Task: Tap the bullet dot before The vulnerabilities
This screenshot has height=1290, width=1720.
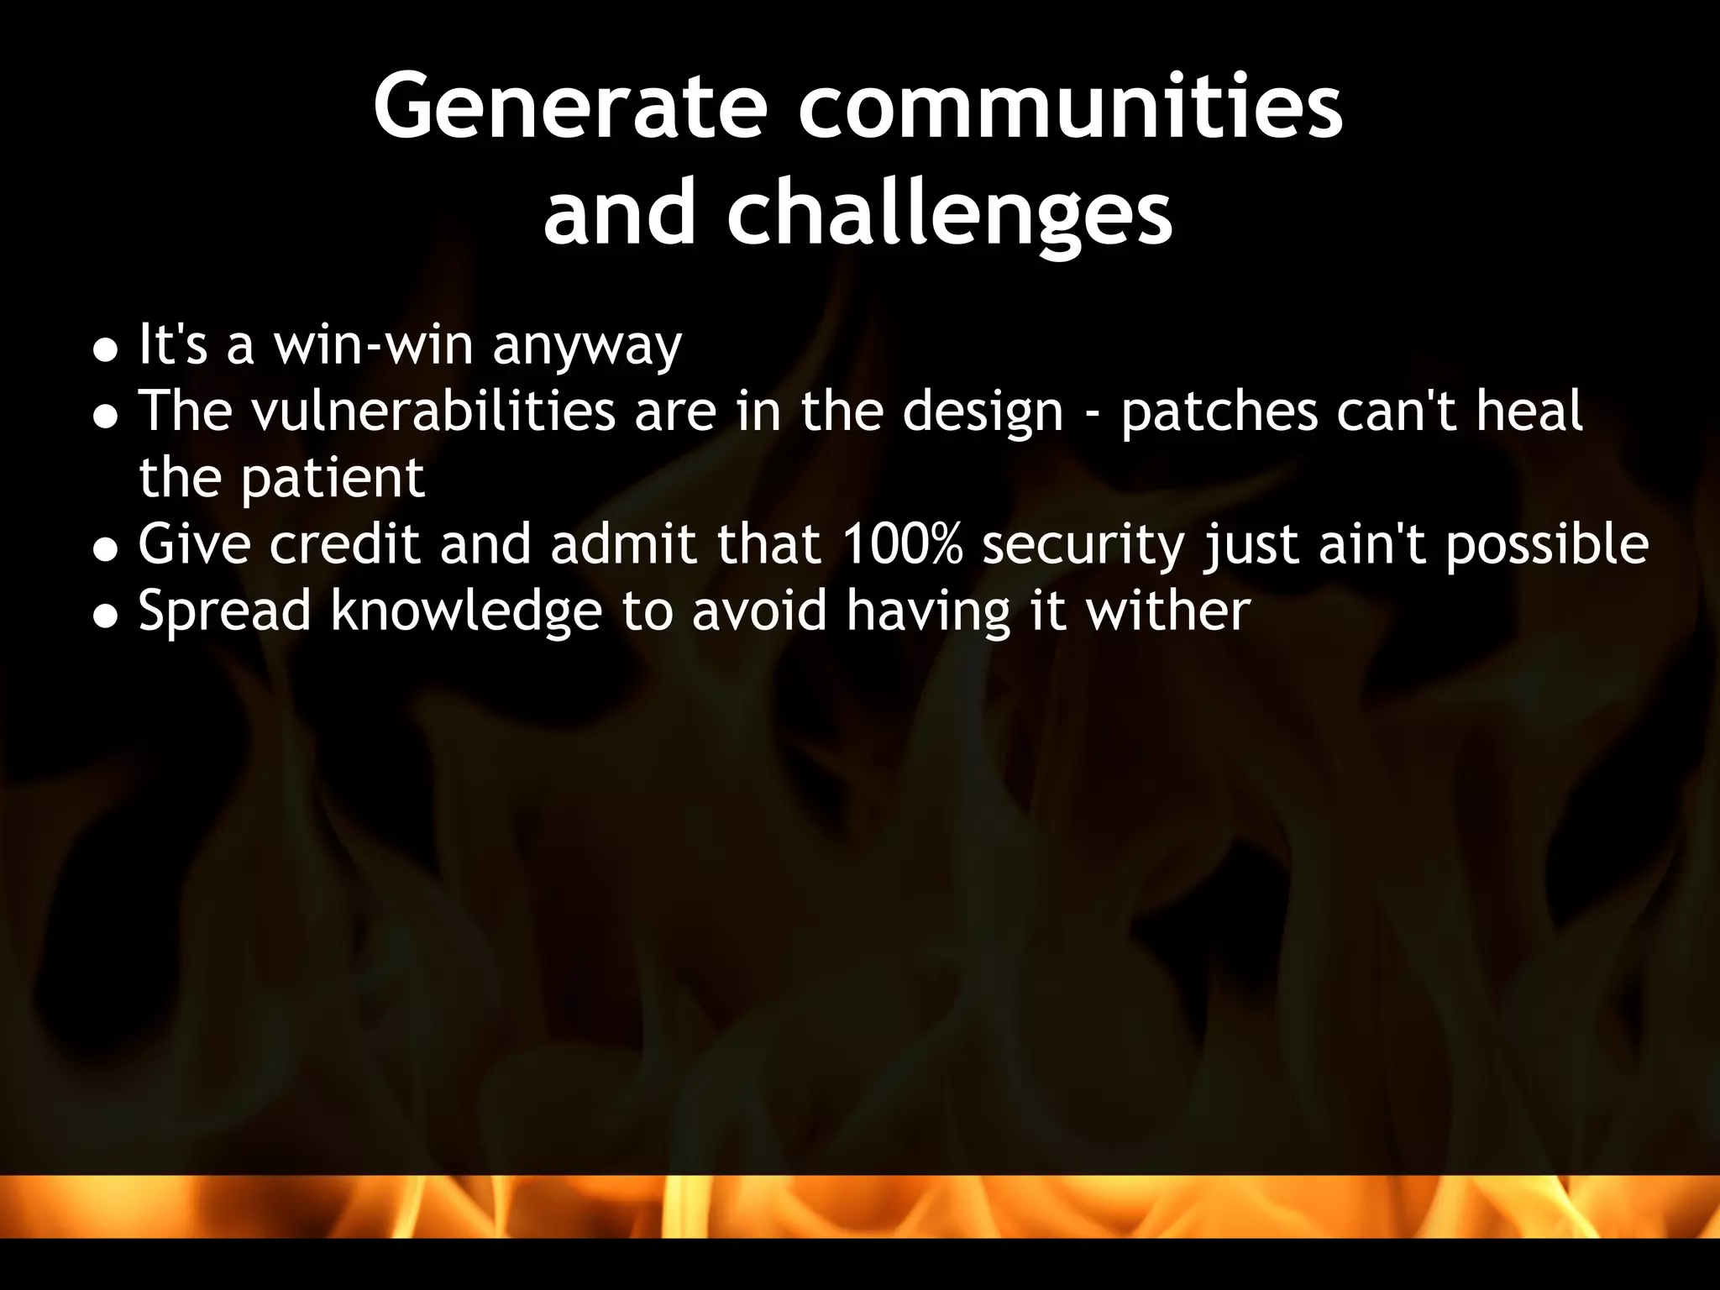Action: point(105,417)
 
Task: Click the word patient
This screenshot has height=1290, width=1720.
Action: point(333,480)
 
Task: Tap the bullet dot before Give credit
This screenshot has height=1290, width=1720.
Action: point(105,550)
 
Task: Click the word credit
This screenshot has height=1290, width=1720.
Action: point(344,544)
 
